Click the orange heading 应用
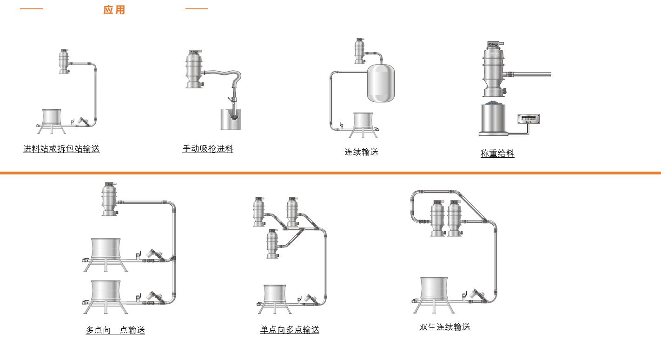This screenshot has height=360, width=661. [114, 10]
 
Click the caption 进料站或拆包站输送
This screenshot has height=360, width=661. [61, 149]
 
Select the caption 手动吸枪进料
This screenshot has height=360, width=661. [208, 149]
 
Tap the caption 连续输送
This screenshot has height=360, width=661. [361, 152]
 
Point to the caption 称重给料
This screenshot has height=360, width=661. [497, 153]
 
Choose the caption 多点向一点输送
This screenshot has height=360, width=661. [115, 330]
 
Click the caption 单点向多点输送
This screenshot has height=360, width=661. [290, 330]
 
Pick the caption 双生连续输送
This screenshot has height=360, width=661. [445, 327]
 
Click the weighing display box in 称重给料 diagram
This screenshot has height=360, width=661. [529, 119]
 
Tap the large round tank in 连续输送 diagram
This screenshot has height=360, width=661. [381, 83]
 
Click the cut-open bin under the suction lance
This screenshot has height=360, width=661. [231, 120]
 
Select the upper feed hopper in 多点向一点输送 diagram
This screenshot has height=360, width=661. [106, 249]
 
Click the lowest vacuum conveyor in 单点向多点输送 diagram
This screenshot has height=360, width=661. [272, 244]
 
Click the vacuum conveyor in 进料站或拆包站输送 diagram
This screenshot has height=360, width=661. [64, 61]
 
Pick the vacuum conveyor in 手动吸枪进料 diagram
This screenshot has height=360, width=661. [194, 69]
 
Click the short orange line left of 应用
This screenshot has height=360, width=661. [31, 9]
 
